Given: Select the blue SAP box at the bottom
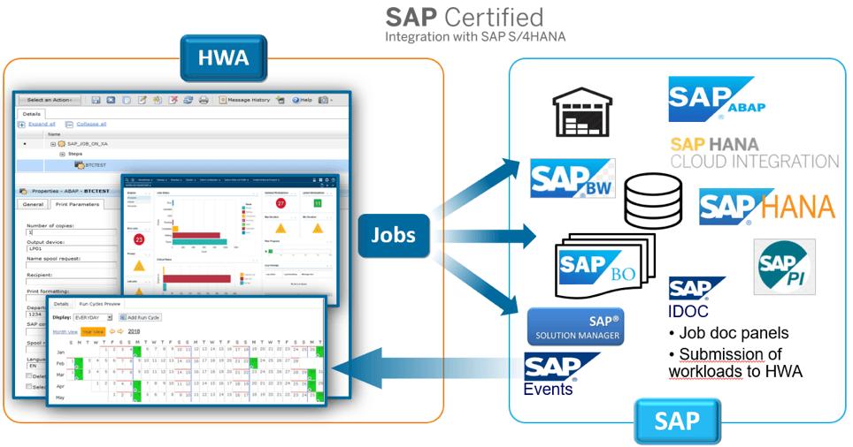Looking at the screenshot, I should [677, 420].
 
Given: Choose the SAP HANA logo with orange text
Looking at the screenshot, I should [766, 206].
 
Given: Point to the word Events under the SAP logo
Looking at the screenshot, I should [548, 389].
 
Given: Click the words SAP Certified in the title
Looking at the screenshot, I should [465, 17].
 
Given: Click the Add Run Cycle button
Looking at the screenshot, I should [141, 317].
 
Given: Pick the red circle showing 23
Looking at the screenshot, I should [139, 239].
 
